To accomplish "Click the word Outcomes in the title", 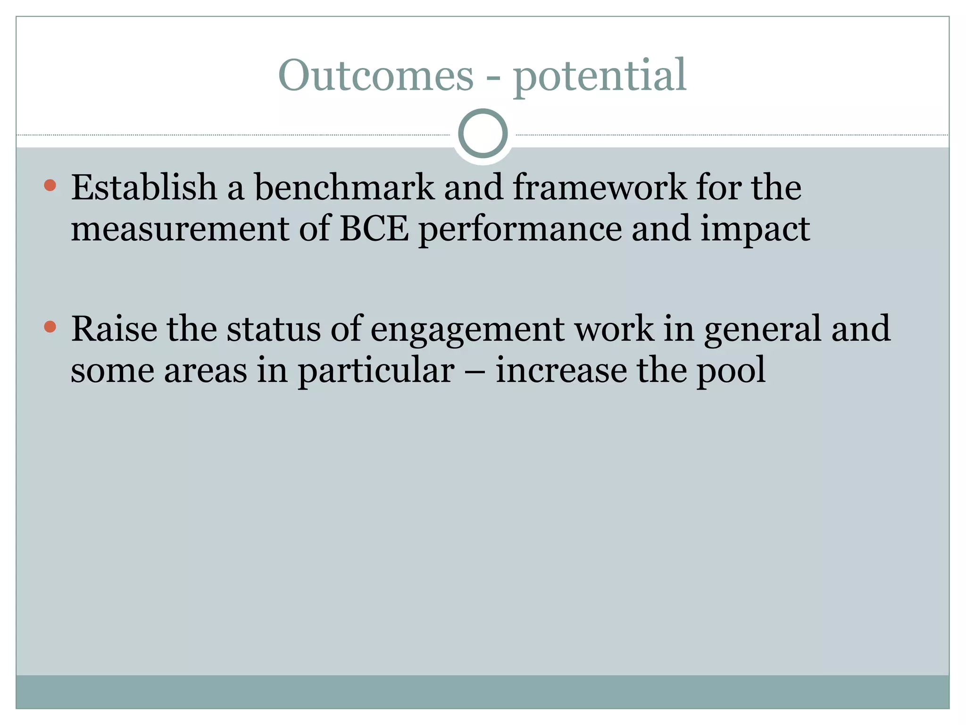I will tap(375, 76).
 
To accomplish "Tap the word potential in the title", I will tap(600, 76).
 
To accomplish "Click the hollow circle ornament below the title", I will tap(483, 133).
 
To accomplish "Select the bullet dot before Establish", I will tap(50, 185).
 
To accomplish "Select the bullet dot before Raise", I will tap(50, 327).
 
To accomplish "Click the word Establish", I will tap(144, 187).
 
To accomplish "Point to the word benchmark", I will tap(344, 187).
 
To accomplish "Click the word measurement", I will tap(180, 229).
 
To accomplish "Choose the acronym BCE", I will tap(374, 229).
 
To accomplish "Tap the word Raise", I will tap(114, 329).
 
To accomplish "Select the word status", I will tap(274, 329).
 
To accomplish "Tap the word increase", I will tap(561, 371).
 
